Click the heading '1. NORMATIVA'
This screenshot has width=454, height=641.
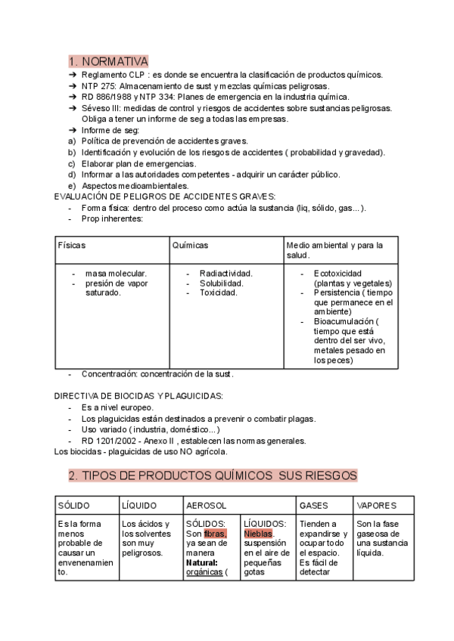pos(108,61)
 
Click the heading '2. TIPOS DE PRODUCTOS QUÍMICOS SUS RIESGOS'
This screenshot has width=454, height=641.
pos(213,475)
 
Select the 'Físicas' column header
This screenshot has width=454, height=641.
pos(72,246)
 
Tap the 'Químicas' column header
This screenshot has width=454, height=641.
pos(190,246)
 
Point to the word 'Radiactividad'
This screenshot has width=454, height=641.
pos(225,273)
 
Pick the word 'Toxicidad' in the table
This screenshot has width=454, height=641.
pos(218,293)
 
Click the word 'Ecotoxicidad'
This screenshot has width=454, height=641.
pos(337,273)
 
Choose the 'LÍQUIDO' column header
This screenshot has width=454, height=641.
pos(139,505)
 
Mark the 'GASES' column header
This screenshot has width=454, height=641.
pos(314,505)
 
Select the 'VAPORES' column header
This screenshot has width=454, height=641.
pos(376,505)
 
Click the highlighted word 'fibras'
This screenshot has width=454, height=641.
pos(215,533)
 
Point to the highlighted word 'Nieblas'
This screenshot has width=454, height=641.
pos(258,533)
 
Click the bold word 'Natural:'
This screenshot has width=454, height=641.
pos(202,562)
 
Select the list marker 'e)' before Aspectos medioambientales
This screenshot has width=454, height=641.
pos(72,185)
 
